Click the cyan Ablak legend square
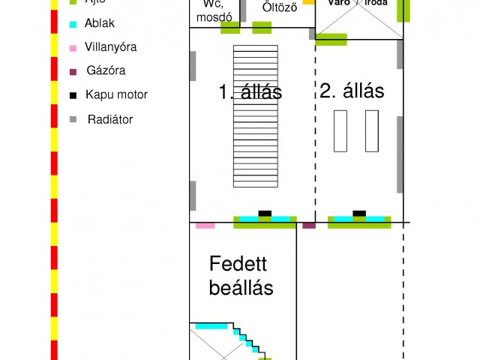click(72, 24)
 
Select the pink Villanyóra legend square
click(72, 48)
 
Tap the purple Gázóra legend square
click(72, 72)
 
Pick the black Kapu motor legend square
click(72, 95)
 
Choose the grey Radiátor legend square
click(72, 119)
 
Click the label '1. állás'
click(250, 92)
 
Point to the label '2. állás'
click(352, 91)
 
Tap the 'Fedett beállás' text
click(241, 275)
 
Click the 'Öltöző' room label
click(280, 8)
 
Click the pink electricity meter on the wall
click(205, 225)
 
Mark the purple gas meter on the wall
click(309, 225)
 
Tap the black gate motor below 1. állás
click(265, 214)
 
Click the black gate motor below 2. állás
click(359, 214)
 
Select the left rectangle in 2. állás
click(340, 131)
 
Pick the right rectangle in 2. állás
click(372, 131)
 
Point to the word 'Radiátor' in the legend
click(110, 119)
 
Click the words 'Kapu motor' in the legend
click(116, 95)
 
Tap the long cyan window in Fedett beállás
click(211, 326)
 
